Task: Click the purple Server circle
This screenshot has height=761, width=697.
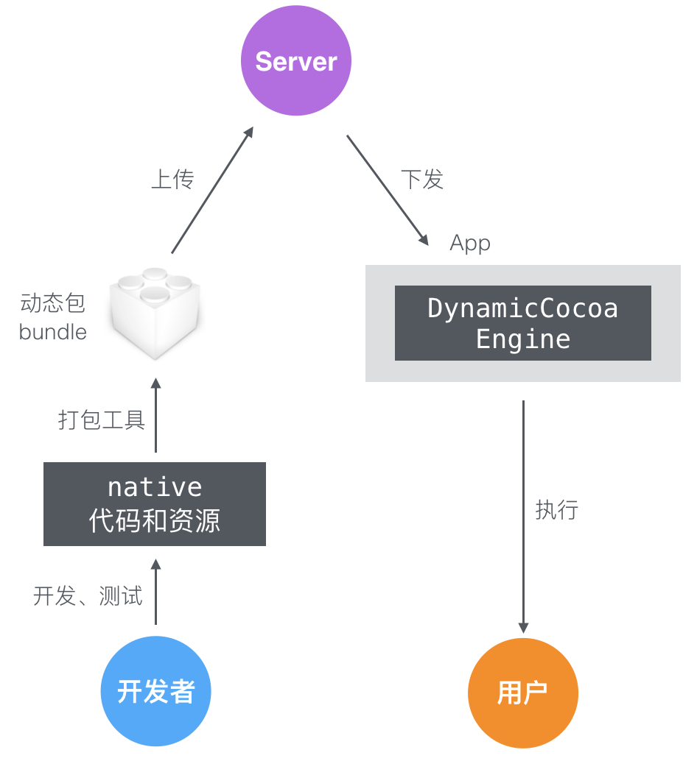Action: coord(296,61)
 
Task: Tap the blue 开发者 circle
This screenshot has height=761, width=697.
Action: coord(155,691)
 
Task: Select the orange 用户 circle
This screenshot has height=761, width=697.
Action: coord(522,693)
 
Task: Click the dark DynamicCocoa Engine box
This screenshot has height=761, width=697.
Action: coord(522,323)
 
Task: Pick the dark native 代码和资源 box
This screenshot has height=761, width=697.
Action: coord(155,504)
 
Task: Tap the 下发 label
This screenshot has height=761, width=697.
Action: coord(422,179)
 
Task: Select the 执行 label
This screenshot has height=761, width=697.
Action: coord(556,510)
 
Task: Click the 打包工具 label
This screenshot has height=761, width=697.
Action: coord(102,420)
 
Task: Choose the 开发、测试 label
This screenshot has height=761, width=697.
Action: coord(88,595)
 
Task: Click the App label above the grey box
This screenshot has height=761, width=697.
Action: coord(470,244)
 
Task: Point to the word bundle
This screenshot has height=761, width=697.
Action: coord(53,332)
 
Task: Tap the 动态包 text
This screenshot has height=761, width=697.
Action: coord(53,302)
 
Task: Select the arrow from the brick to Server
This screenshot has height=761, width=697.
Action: coord(212,191)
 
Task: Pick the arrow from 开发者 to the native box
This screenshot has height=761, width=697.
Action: coord(155,592)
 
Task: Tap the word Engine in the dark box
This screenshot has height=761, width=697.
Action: coord(523,339)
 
